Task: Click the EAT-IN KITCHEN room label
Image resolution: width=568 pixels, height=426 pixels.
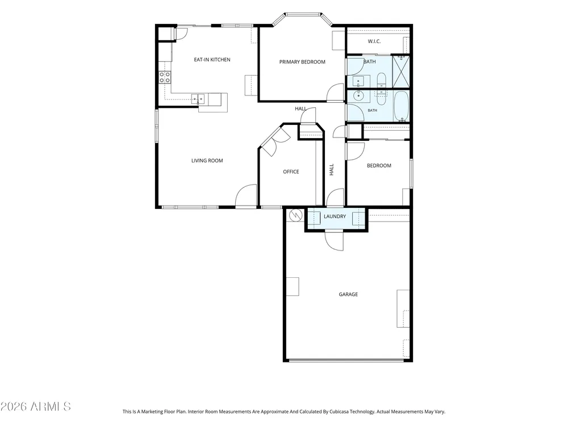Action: click(x=212, y=60)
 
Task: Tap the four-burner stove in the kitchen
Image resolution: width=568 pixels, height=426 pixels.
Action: click(x=165, y=77)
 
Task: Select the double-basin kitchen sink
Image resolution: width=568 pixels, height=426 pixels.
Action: click(x=198, y=98)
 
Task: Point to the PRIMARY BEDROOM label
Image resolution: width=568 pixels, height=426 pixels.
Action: click(x=302, y=62)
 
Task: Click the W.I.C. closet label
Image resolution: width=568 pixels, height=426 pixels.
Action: click(x=374, y=41)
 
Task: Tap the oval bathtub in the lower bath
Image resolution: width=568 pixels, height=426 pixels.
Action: click(x=401, y=106)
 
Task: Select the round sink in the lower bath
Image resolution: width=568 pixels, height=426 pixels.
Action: click(x=359, y=96)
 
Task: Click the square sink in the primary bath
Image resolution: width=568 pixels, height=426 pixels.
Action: click(x=359, y=81)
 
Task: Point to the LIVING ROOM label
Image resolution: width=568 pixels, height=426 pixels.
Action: click(x=207, y=161)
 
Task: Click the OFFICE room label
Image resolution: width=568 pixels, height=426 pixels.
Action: click(x=291, y=172)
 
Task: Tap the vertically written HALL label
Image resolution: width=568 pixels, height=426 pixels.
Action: click(x=332, y=170)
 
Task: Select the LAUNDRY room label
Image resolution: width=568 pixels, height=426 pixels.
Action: click(x=335, y=216)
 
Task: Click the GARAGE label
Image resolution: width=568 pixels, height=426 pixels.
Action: click(x=348, y=294)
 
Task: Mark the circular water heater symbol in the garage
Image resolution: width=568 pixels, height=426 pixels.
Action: click(x=296, y=215)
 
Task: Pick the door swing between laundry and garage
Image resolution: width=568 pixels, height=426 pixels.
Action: click(x=334, y=241)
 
